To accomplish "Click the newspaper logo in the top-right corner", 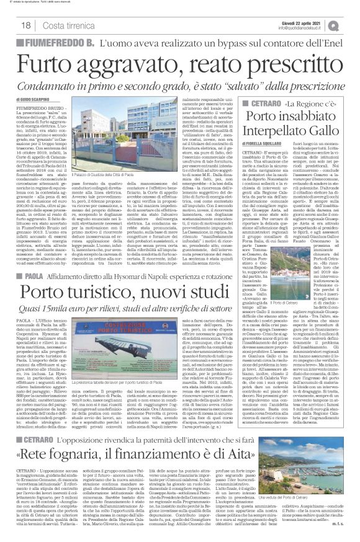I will tap(351, 24).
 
